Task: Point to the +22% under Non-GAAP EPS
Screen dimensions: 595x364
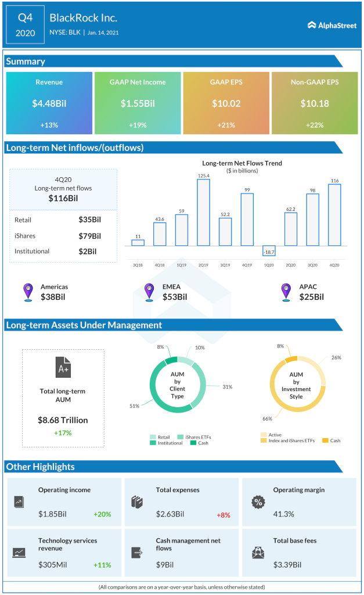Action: pyautogui.click(x=315, y=126)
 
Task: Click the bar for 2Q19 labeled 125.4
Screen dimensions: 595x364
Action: pyautogui.click(x=203, y=212)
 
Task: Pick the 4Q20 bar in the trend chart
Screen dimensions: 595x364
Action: pyautogui.click(x=334, y=215)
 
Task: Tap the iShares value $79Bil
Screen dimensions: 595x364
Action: pyautogui.click(x=89, y=236)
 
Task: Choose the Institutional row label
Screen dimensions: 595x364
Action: pyautogui.click(x=32, y=252)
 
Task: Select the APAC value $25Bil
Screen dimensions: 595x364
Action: pyautogui.click(x=311, y=297)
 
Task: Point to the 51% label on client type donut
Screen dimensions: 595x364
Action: pyautogui.click(x=134, y=406)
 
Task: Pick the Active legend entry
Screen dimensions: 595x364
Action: pyautogui.click(x=273, y=433)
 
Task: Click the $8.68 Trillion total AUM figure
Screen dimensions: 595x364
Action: pyautogui.click(x=63, y=420)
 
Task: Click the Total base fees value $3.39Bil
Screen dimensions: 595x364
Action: pyautogui.click(x=289, y=564)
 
